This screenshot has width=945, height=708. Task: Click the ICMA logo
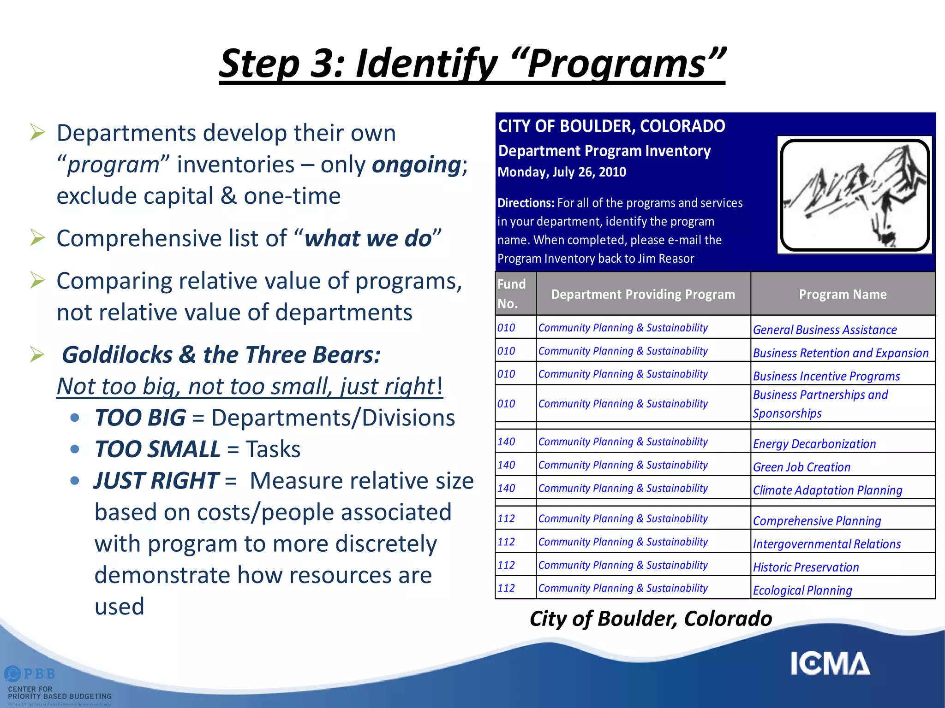pos(829,664)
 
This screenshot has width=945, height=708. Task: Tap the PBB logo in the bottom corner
pos(30,674)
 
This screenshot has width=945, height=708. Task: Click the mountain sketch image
pos(855,195)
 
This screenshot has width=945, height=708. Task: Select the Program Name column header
pos(843,294)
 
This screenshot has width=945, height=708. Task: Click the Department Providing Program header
pos(643,294)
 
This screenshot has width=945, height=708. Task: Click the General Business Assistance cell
pos(825,330)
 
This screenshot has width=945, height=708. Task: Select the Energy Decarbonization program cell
pos(814,444)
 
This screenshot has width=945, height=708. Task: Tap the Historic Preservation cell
pos(806,567)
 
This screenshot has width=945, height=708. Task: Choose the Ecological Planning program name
pos(802,590)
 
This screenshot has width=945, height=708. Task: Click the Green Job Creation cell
pos(801,467)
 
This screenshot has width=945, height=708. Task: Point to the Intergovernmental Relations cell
pos(826,544)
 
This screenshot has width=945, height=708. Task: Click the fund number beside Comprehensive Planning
pos(506,519)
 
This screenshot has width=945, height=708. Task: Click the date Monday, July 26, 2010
pos(562,172)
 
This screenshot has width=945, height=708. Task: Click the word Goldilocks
pos(117,355)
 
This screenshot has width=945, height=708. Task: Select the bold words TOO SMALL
pos(157,449)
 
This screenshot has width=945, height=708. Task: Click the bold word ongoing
pos(416,165)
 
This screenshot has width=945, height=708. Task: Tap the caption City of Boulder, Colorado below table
pos(651,619)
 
